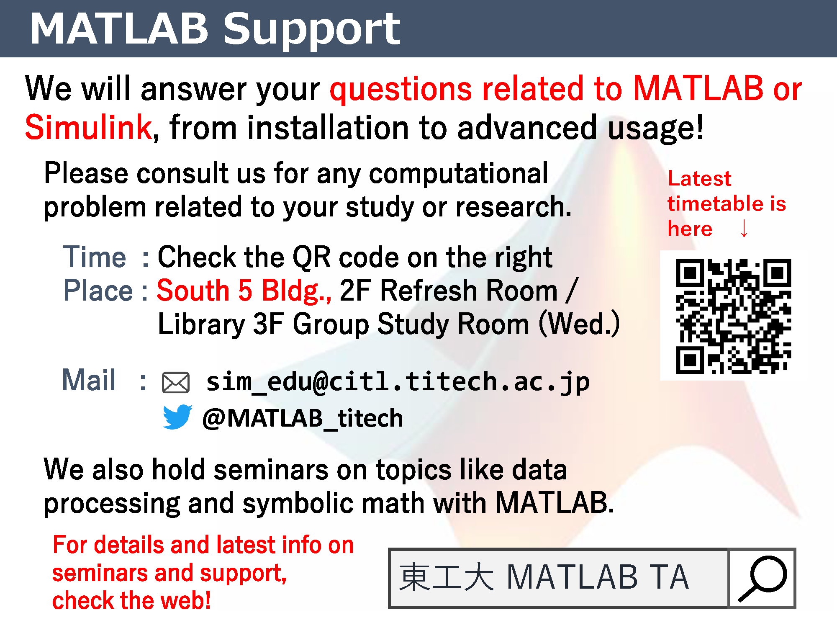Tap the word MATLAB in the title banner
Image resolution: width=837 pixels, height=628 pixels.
point(119,28)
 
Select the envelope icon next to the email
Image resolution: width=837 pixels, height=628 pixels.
point(176,382)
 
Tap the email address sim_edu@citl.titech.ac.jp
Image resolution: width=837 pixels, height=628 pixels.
point(398,382)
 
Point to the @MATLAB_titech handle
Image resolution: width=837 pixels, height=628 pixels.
point(303,418)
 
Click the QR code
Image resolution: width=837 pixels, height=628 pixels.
point(733,316)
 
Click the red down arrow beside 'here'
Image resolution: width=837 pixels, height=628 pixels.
point(744,228)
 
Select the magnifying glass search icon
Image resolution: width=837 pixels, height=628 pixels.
point(763,578)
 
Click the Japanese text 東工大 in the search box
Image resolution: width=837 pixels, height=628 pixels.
point(447,577)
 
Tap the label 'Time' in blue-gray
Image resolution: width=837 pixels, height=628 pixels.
point(95,257)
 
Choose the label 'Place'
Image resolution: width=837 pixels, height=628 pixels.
point(98,290)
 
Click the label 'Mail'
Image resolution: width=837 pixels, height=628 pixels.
point(89,380)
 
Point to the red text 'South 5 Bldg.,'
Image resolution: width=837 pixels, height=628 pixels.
point(244,291)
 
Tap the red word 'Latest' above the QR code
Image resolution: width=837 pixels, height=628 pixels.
point(699,178)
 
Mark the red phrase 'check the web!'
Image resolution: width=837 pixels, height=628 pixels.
point(131,600)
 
